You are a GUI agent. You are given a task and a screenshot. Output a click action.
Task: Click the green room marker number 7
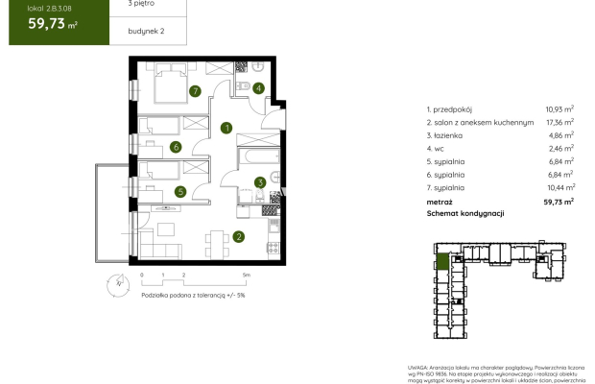(195, 92)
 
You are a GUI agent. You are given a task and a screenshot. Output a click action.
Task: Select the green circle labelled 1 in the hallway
(226, 128)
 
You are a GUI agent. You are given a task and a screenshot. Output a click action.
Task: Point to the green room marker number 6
(176, 147)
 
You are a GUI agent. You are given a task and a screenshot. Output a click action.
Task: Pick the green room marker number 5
(179, 191)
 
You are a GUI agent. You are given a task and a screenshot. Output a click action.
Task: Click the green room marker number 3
(259, 182)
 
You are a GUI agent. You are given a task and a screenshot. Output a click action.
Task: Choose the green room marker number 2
(239, 236)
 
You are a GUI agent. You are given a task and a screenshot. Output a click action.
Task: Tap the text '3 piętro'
(131, 5)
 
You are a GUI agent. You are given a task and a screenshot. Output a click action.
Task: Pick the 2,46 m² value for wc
(559, 150)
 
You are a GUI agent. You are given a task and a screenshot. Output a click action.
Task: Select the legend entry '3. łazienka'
(447, 136)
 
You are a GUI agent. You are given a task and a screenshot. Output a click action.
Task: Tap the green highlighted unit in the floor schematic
(442, 259)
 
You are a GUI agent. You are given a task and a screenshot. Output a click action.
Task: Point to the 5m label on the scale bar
(247, 274)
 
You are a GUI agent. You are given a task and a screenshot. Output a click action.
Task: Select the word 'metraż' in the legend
(440, 203)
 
